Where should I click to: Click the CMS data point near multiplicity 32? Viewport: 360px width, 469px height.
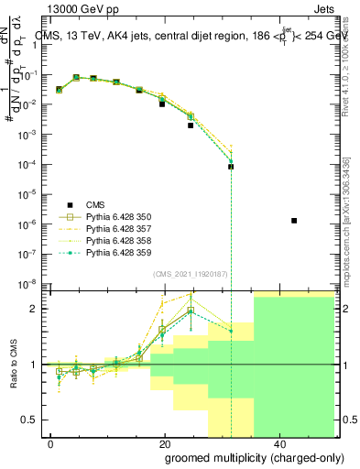pos(232,167)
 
